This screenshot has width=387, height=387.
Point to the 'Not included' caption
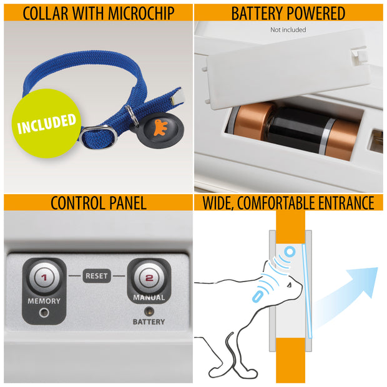point(288,29)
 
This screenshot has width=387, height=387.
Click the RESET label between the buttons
point(96,275)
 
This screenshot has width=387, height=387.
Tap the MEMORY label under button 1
point(44,301)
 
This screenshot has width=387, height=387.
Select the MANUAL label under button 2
point(149,298)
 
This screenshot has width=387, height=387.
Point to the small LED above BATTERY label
point(149,310)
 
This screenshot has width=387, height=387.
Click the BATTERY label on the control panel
point(149,322)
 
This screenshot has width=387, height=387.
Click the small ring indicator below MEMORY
point(44,313)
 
